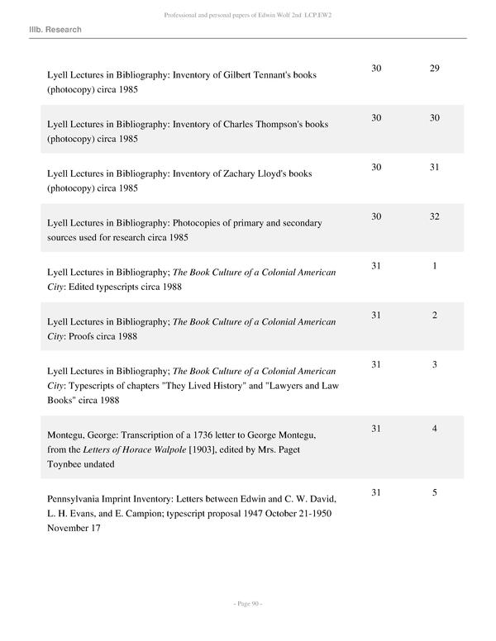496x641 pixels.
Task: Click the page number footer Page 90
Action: [248, 604]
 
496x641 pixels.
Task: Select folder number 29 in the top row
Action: [434, 68]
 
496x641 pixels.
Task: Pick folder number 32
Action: [434, 216]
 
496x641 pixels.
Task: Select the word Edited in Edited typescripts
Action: [80, 287]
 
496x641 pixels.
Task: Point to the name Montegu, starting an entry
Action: [68, 434]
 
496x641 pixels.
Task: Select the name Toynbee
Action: [69, 464]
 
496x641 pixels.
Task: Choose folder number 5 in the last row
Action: [434, 492]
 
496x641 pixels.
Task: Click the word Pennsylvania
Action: [77, 499]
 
